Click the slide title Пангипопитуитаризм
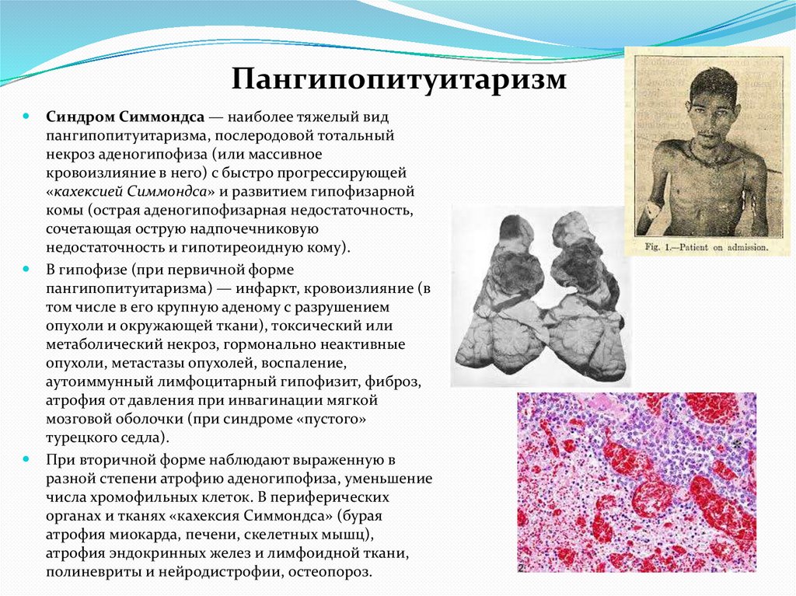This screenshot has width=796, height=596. coord(399,78)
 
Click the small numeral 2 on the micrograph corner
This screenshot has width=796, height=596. coord(521,568)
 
